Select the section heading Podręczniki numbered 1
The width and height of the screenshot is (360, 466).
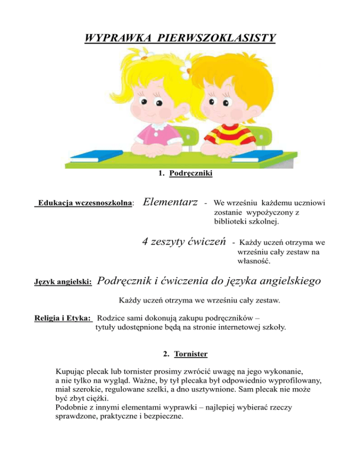pyautogui.click(x=191, y=174)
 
